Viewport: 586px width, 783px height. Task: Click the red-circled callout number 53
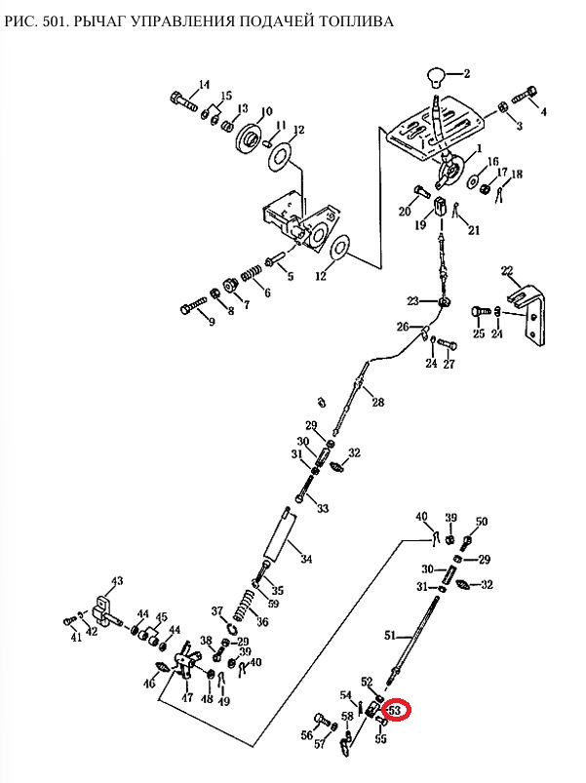tap(396, 710)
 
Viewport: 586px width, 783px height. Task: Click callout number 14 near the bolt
tap(205, 84)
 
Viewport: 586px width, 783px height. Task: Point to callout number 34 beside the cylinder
tap(306, 560)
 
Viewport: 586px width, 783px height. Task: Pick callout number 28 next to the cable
tap(377, 403)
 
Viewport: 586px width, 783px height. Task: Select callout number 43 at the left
tap(117, 581)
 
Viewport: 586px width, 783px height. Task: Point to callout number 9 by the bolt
tap(210, 323)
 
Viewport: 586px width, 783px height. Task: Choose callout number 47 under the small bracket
tap(188, 699)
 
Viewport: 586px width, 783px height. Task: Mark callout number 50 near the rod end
tap(482, 522)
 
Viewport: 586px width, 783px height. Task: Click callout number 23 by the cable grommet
tap(412, 300)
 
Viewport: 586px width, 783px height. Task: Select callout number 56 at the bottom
tap(306, 734)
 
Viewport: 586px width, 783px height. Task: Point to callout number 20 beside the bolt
tap(404, 212)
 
